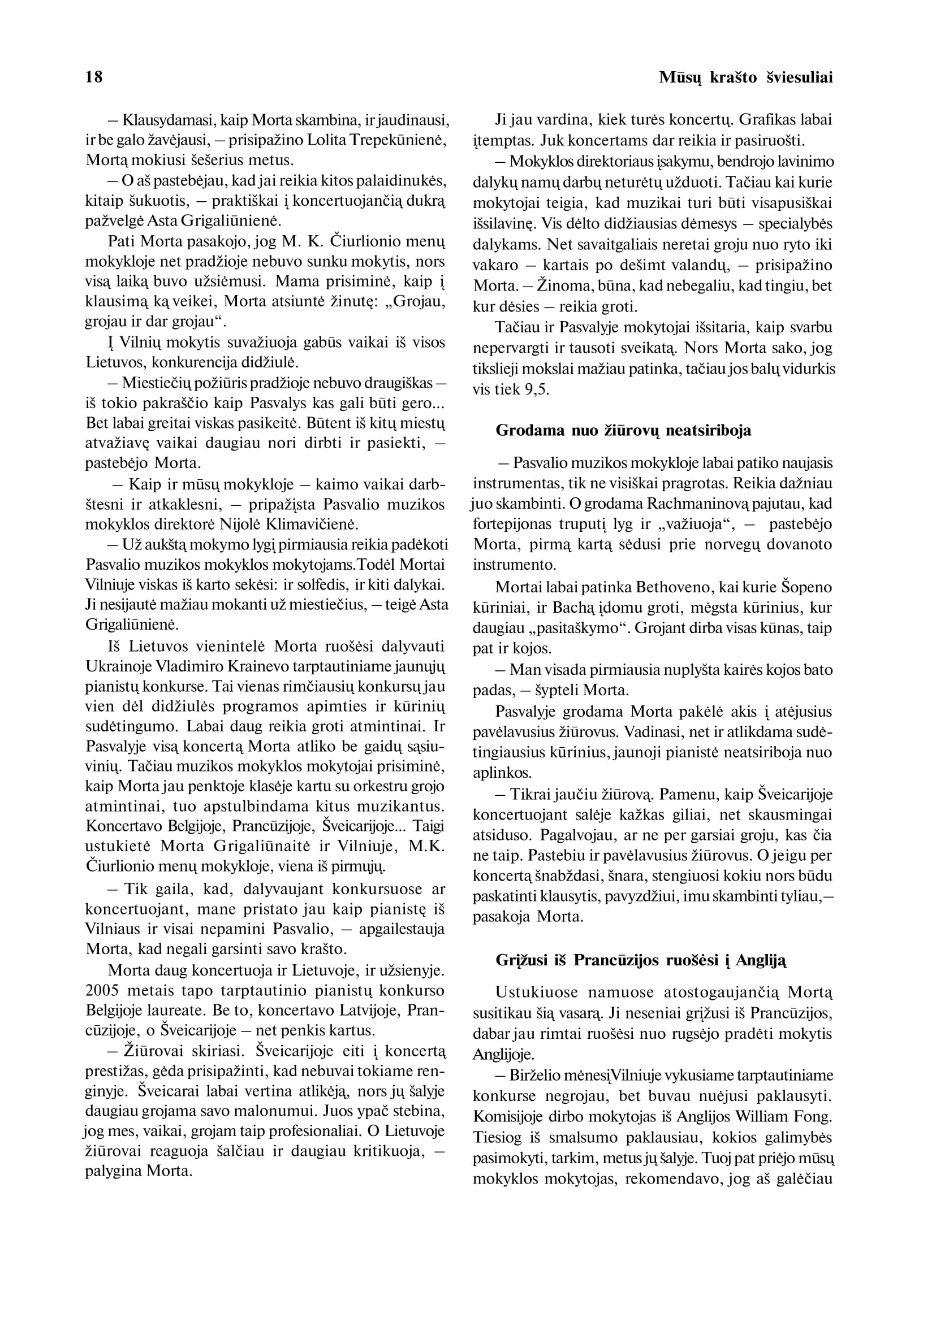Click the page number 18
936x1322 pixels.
(x=94, y=77)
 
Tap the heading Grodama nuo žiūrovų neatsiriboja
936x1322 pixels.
(x=623, y=430)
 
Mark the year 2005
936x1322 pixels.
(x=102, y=991)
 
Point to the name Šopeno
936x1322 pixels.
(x=806, y=587)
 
